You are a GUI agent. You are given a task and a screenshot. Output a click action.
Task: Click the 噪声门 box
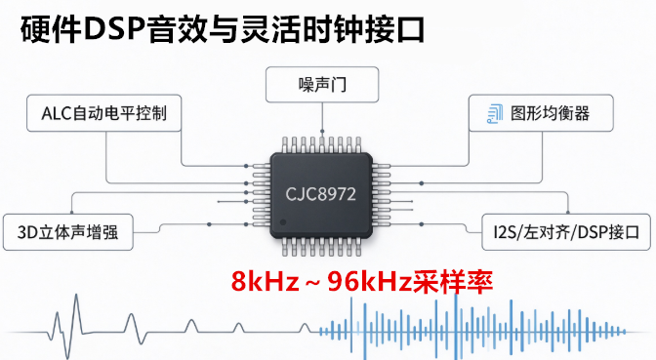[322, 85]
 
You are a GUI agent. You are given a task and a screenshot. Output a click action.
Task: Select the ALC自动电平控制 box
[103, 113]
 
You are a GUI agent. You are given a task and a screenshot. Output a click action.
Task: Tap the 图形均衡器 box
[541, 113]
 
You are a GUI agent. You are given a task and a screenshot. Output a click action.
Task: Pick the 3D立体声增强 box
[67, 232]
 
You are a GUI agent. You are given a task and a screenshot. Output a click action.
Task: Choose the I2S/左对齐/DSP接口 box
[566, 232]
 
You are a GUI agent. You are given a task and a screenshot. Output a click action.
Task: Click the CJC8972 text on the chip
[320, 194]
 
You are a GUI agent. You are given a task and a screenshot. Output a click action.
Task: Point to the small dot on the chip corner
[283, 222]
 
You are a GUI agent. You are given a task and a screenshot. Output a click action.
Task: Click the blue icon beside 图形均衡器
[495, 113]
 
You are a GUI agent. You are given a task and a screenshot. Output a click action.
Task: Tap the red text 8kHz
[266, 281]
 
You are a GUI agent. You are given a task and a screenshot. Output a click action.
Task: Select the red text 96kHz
[370, 281]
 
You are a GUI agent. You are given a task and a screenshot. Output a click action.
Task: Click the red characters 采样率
[453, 281]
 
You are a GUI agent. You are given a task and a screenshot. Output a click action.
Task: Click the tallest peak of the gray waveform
[76, 295]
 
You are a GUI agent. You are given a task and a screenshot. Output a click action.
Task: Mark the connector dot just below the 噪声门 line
[322, 132]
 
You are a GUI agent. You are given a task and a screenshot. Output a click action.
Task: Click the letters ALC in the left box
[57, 113]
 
